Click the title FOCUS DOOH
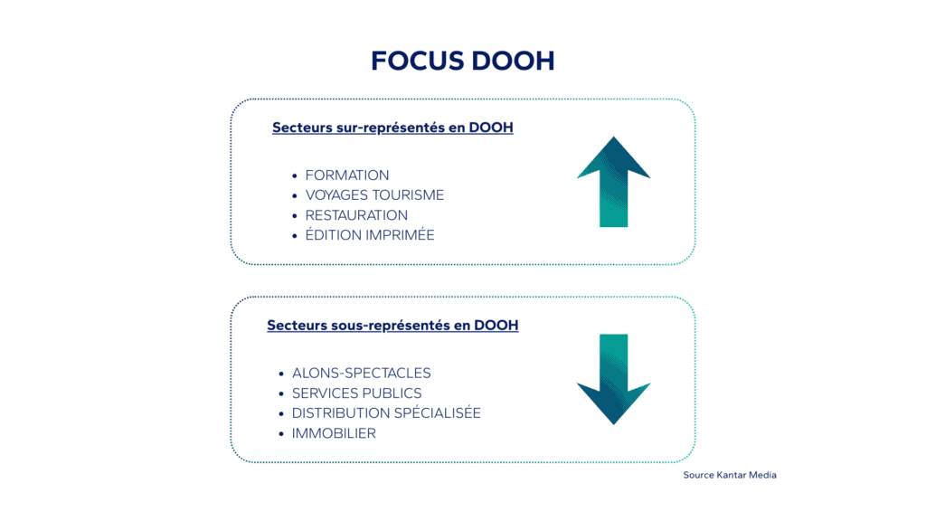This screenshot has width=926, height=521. click(462, 62)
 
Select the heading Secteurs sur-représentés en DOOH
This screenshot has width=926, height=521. click(392, 128)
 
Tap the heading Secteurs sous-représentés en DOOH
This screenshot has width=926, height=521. click(392, 325)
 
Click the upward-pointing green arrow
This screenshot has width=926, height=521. click(613, 181)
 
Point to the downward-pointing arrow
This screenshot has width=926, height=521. click(613, 379)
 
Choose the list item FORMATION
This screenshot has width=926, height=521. click(347, 175)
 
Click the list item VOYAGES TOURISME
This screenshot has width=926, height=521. click(374, 195)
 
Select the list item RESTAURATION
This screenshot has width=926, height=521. click(356, 215)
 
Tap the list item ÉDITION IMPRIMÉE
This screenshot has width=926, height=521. click(370, 235)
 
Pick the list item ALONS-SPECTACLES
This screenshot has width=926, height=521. click(361, 373)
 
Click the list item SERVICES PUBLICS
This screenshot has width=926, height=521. click(356, 393)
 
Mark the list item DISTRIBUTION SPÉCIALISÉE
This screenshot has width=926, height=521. click(386, 413)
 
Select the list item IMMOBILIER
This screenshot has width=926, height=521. click(334, 433)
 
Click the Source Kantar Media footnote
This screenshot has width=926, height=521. click(730, 475)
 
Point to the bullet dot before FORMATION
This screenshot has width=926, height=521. click(295, 175)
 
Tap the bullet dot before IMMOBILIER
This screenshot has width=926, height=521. click(281, 434)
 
